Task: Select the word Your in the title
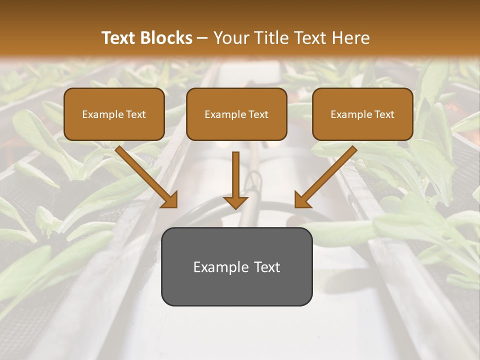point(229,38)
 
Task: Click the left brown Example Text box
point(114,114)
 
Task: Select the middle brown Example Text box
point(236,114)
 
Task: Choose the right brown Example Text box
point(362,114)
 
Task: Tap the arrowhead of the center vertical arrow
point(235,202)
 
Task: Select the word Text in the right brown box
point(384,114)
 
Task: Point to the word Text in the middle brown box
point(258,114)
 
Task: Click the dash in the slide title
point(202,38)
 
